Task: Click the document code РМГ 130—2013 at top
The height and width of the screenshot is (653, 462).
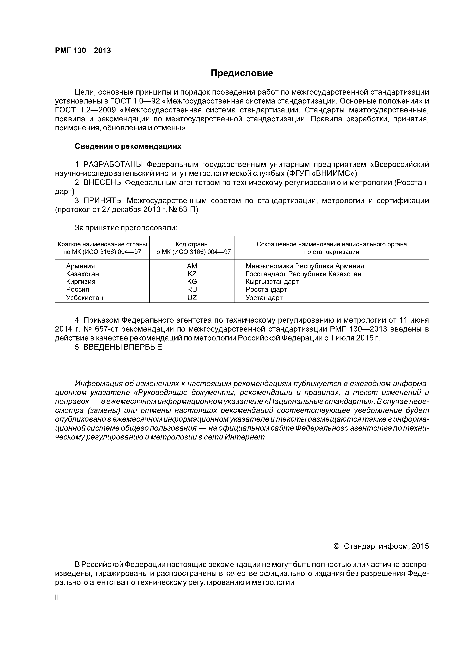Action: coord(83,51)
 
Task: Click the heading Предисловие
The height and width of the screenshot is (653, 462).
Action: coord(242,73)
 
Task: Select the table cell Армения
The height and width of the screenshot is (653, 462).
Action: coord(80,266)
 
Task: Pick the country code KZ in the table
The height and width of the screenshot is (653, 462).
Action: coord(192,274)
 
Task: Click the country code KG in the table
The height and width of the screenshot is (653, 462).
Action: coord(192,282)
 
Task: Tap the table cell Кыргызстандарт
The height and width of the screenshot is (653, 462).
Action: coord(272,282)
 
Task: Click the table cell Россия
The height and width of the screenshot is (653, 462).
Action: coord(77,289)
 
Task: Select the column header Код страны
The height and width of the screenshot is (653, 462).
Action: coord(192,244)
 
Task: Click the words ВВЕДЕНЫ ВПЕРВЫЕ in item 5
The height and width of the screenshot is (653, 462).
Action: coord(123,347)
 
